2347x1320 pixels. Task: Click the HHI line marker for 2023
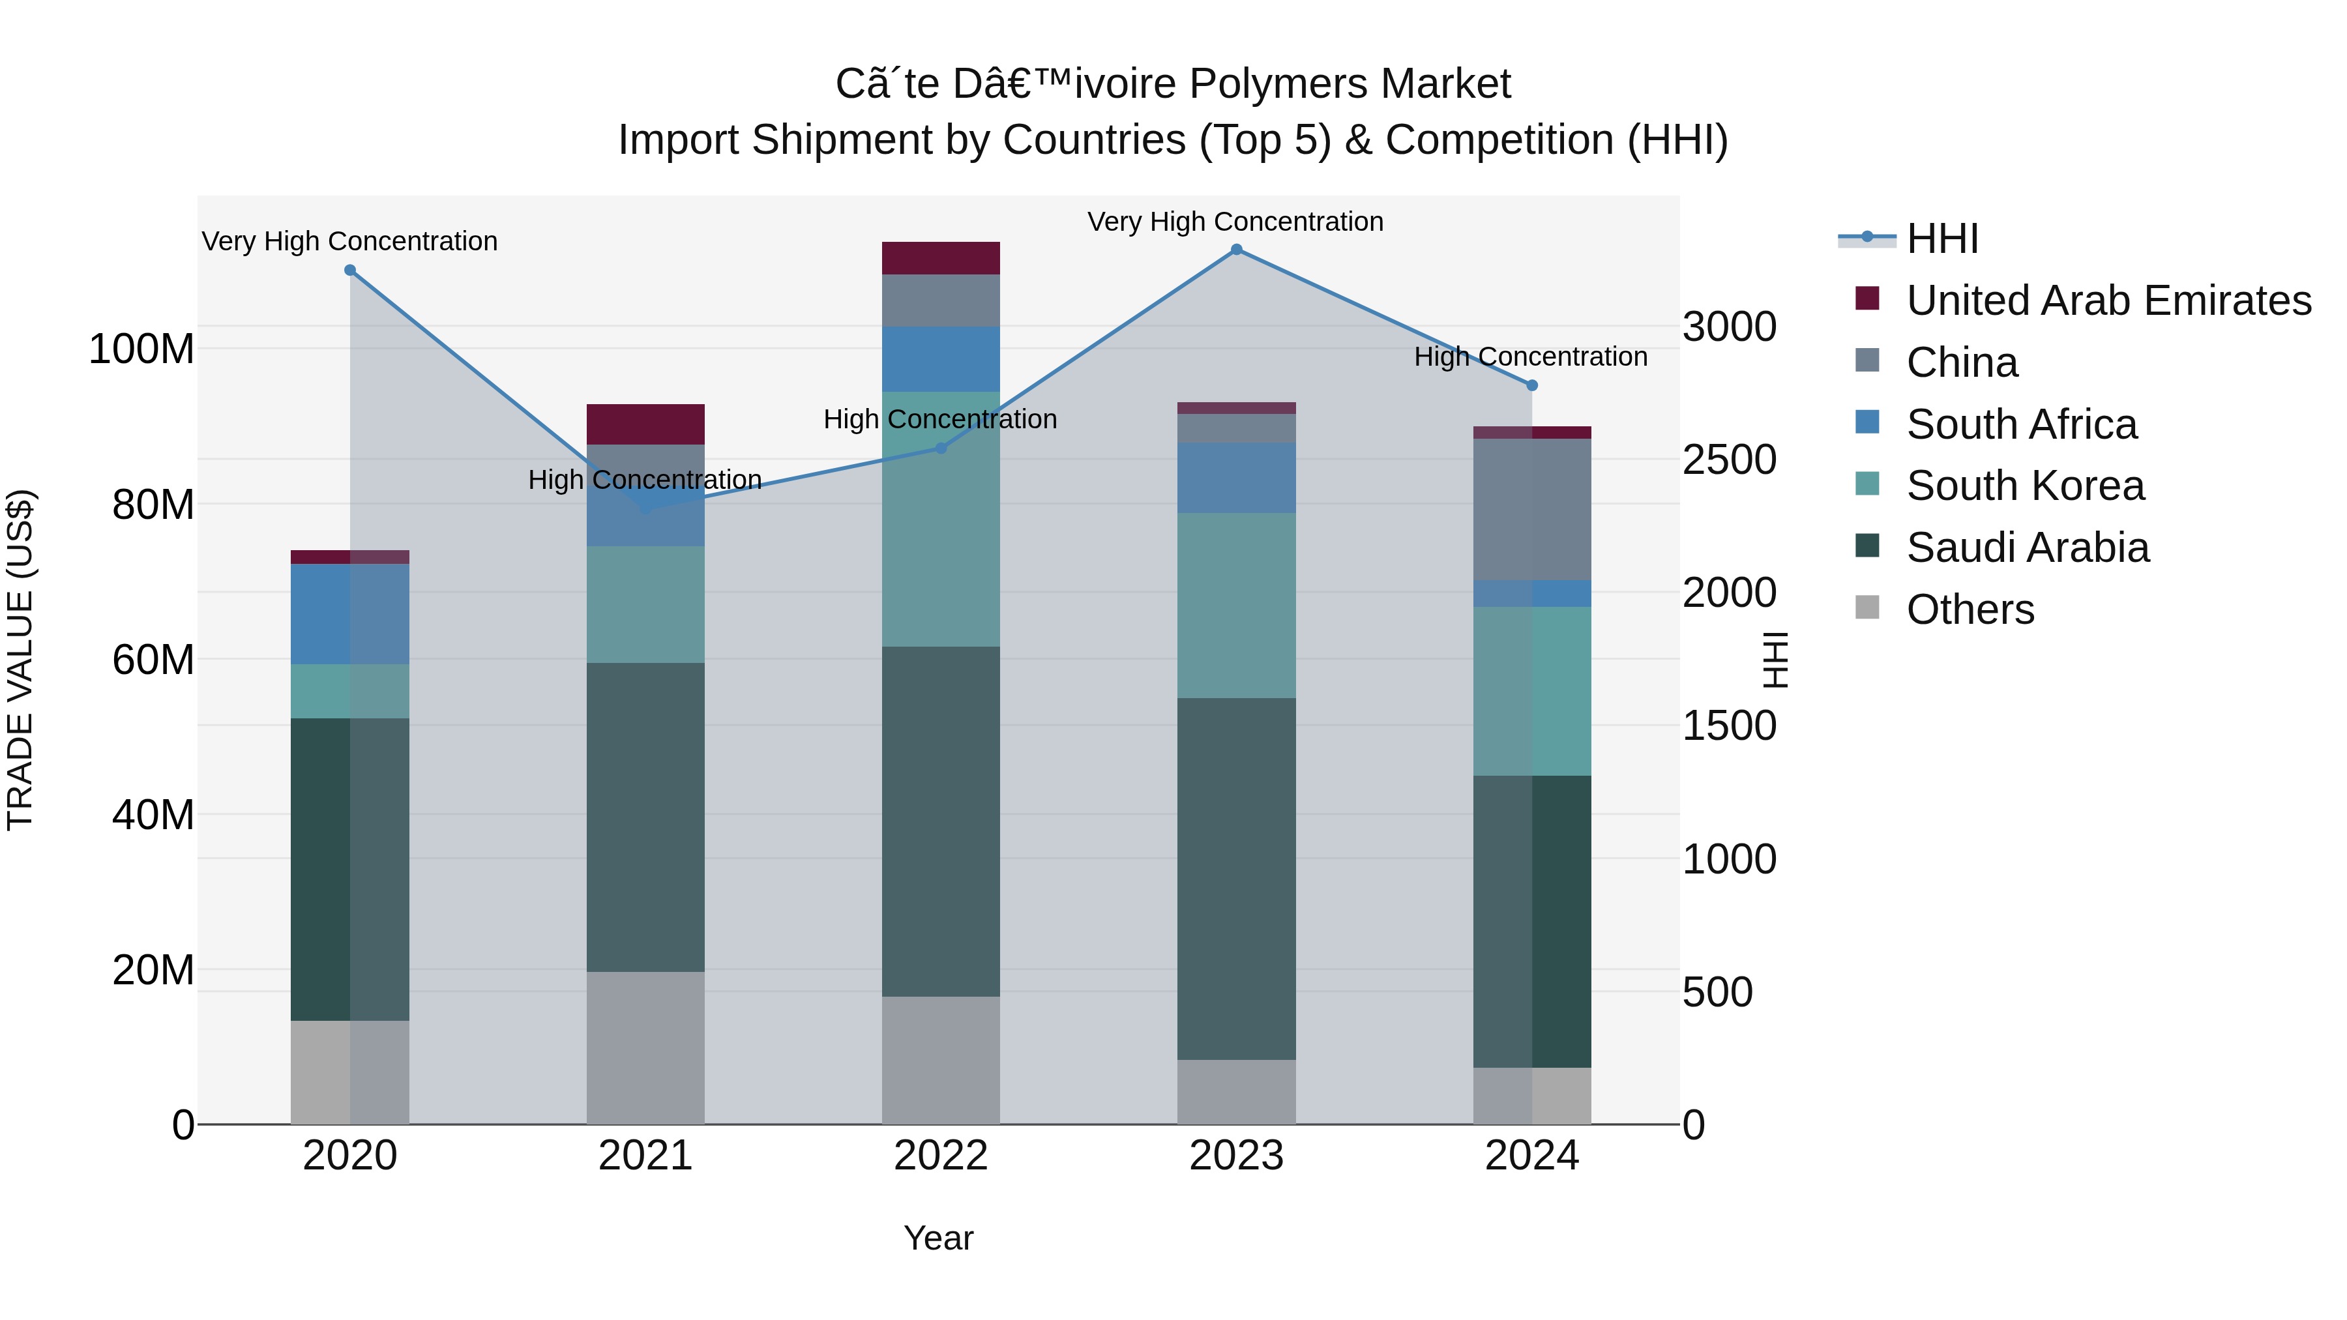click(1236, 250)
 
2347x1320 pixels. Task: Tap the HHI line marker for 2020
click(350, 271)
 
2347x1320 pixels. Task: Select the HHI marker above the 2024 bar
click(1531, 385)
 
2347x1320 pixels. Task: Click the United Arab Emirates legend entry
click(2108, 301)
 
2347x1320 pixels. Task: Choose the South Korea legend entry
click(2024, 486)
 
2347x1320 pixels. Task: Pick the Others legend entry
click(1970, 609)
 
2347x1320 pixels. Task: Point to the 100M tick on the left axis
click(141, 349)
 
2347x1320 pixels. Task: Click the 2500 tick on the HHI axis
click(1728, 460)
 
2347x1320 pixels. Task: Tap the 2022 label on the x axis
click(940, 1156)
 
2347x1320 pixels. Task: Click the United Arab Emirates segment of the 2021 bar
click(645, 424)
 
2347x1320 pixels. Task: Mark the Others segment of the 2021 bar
click(645, 1048)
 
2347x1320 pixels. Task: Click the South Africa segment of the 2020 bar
click(350, 614)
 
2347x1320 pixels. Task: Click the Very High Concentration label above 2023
click(1235, 222)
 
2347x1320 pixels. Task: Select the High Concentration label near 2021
click(645, 480)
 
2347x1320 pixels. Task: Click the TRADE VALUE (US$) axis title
click(20, 660)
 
